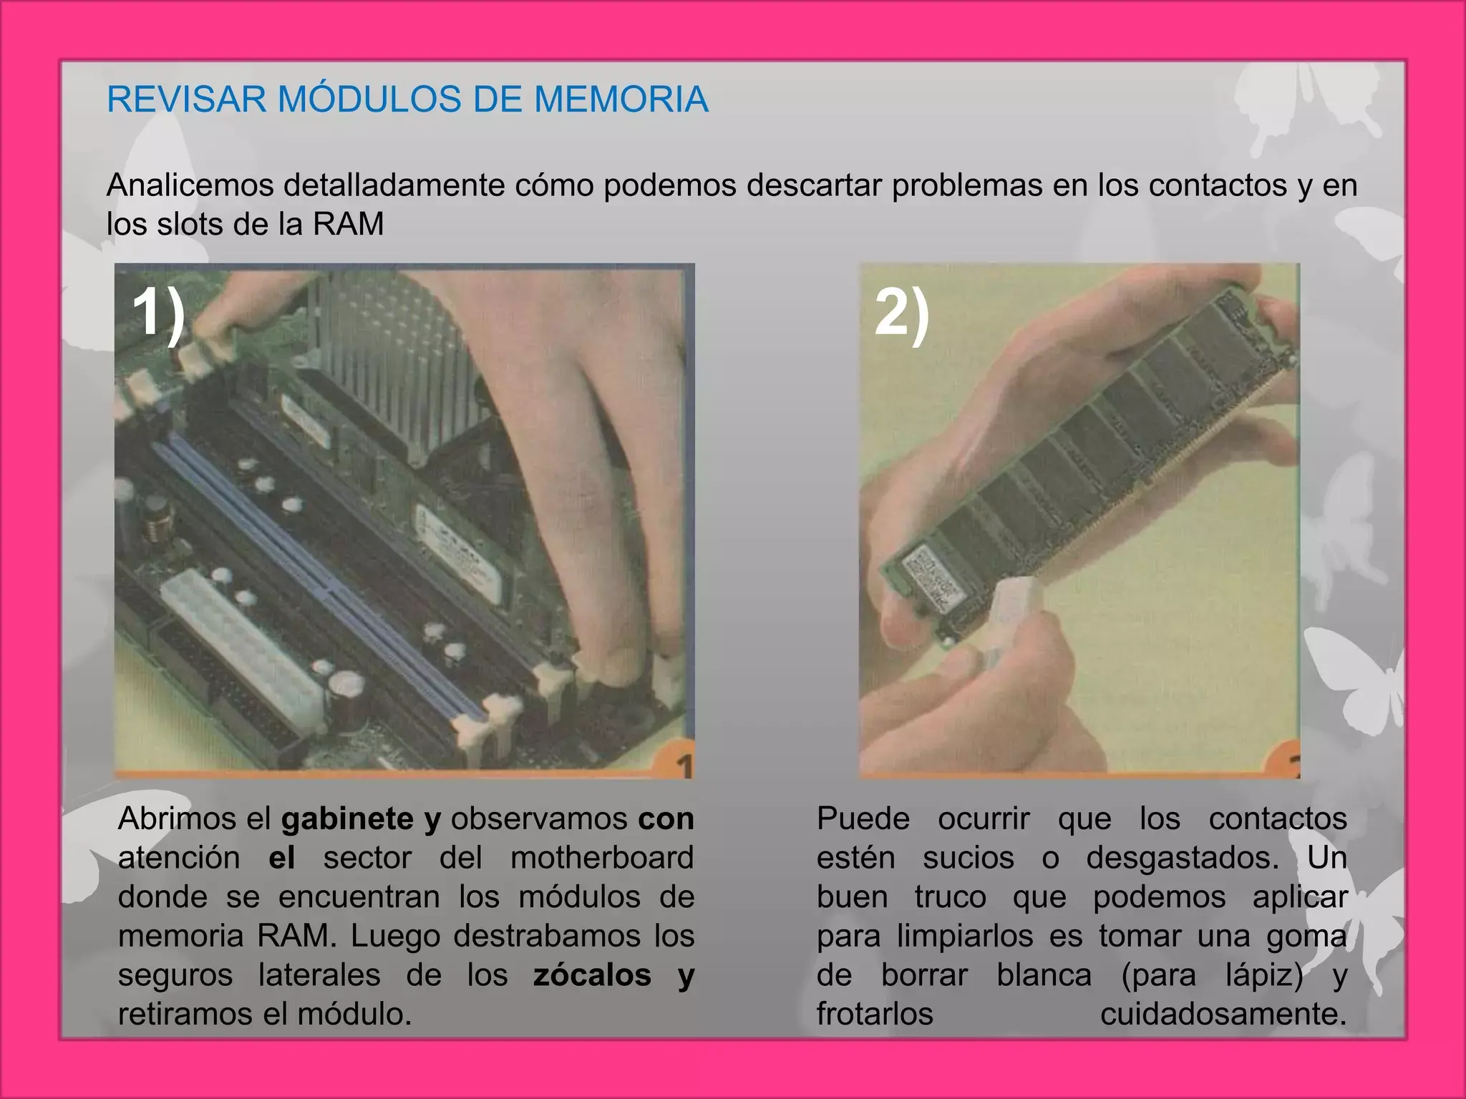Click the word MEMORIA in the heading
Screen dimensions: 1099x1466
621,99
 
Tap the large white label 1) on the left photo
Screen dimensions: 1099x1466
158,313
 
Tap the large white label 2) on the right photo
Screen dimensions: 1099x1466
902,315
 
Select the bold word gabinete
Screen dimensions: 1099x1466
347,819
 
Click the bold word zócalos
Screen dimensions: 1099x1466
592,975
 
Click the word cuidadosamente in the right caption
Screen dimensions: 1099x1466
1223,1014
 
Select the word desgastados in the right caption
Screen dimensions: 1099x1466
1181,857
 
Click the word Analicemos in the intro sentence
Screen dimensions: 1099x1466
190,185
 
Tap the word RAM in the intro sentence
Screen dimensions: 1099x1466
348,224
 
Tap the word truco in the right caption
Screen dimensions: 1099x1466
950,897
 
